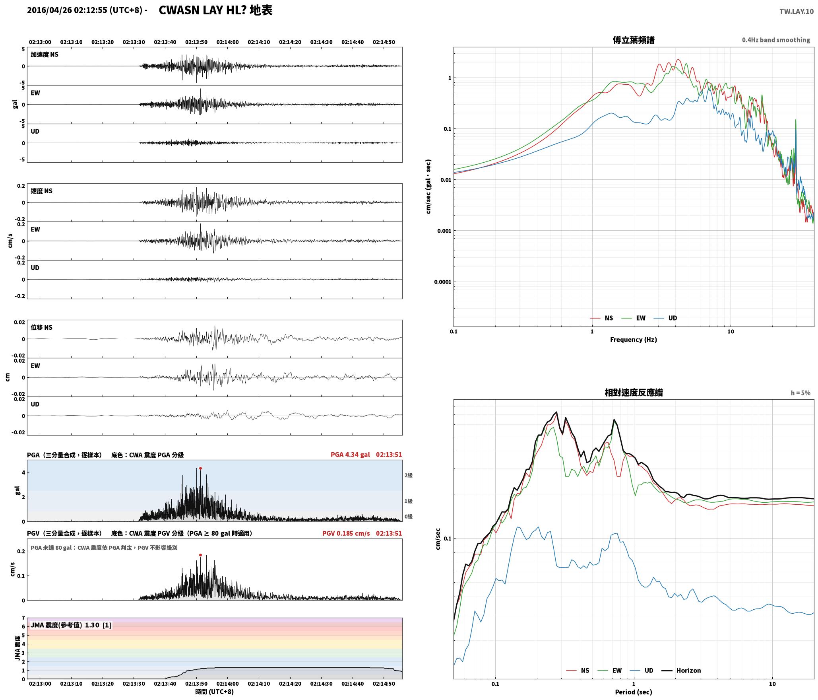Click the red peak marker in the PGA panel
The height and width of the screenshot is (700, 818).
tap(200, 468)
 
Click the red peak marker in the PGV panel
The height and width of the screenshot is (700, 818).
tap(200, 555)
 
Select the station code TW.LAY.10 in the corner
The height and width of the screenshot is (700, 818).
tap(796, 12)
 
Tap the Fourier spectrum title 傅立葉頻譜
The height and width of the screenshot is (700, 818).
tap(634, 40)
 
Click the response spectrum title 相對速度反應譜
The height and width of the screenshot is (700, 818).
tap(634, 393)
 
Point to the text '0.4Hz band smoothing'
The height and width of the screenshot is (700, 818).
tap(776, 40)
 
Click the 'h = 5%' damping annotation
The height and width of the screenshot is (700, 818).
tap(801, 393)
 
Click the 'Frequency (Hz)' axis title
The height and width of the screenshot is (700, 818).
tap(634, 340)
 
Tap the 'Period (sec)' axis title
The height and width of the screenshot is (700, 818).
tap(634, 692)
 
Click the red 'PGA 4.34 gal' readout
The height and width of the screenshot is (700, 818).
tap(350, 455)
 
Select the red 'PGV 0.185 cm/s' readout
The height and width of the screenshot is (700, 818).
tap(346, 533)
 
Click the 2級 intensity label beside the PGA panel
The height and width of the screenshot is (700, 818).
tap(409, 475)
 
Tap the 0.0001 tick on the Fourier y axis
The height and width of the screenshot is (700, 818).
tap(442, 282)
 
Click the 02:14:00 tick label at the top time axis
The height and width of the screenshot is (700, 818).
tap(228, 42)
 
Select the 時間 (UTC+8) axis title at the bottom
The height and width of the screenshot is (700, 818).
tap(215, 692)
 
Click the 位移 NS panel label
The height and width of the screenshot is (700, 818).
tap(42, 327)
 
